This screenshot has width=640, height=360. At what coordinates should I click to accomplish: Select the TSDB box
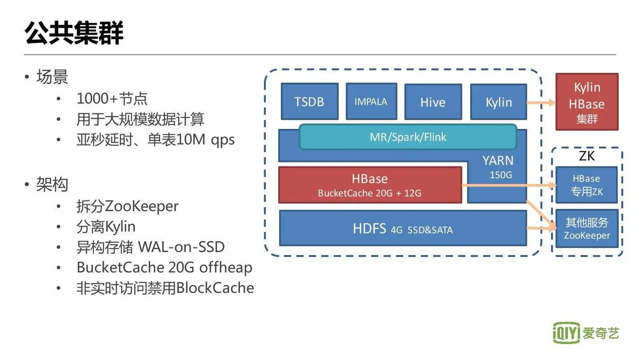tap(309, 102)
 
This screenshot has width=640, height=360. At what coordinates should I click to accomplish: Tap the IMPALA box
tap(371, 102)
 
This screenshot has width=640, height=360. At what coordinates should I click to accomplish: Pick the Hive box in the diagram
tap(433, 102)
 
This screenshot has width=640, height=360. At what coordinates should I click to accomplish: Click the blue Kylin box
tap(499, 102)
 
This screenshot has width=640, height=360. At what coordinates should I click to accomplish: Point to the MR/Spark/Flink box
tap(408, 137)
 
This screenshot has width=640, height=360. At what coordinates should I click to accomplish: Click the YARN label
tap(498, 160)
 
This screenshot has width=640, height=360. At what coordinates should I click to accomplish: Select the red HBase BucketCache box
tap(370, 185)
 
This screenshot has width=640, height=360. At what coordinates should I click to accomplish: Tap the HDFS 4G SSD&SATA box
tap(403, 228)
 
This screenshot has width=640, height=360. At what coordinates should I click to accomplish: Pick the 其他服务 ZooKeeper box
tap(587, 228)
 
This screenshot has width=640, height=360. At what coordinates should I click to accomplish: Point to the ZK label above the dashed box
tap(587, 156)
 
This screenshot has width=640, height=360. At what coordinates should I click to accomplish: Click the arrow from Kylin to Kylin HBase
tap(541, 103)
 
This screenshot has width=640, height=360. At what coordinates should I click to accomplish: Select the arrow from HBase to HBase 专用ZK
tap(508, 185)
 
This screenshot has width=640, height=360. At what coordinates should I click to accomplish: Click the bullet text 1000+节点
tap(112, 99)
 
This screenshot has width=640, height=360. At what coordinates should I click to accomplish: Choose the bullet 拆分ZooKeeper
tap(127, 206)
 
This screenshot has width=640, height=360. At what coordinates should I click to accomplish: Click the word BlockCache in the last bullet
tap(215, 288)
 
